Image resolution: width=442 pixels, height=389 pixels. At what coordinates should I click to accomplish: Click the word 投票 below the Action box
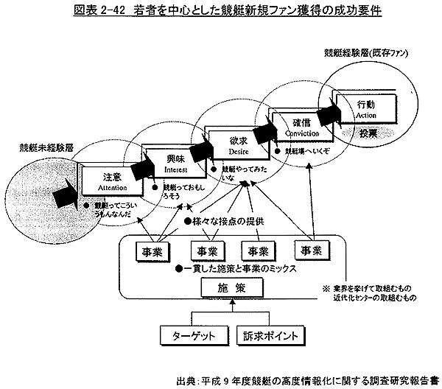[x=368, y=133]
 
